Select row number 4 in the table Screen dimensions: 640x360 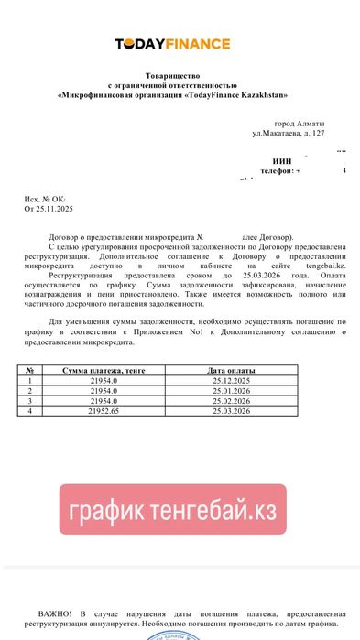(31, 410)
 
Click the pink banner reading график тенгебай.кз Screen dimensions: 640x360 (173, 509)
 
